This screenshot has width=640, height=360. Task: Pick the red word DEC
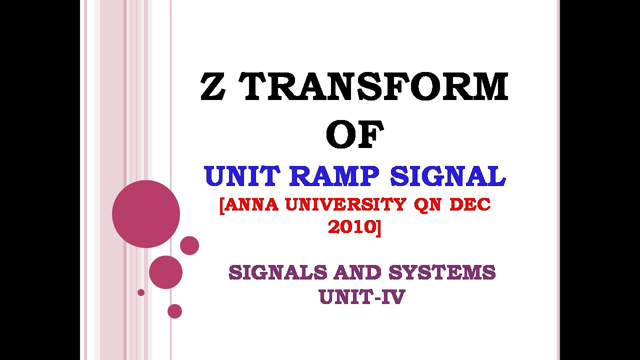point(470,204)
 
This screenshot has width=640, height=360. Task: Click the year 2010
point(351,227)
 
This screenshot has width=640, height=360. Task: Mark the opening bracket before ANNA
point(221,205)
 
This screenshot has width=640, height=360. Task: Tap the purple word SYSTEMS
point(442,272)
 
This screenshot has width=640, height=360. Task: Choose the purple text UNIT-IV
point(361,297)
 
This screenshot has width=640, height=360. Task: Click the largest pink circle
point(146,214)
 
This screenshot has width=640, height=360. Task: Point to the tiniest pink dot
point(141,292)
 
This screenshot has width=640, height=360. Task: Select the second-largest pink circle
point(165,272)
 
